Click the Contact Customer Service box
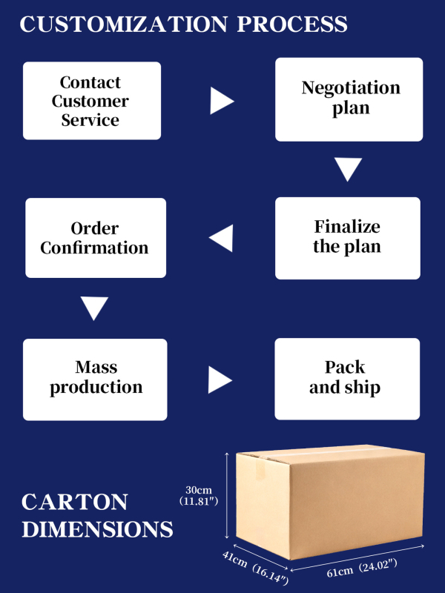91,101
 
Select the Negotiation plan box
349,99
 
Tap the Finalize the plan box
347,237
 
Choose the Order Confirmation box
95,238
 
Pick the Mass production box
96,378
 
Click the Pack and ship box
346,378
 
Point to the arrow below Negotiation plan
347,170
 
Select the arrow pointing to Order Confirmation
222,239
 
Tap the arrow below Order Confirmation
94,308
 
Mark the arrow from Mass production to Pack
219,380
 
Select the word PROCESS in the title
292,24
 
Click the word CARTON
74,502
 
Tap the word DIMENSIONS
97,529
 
